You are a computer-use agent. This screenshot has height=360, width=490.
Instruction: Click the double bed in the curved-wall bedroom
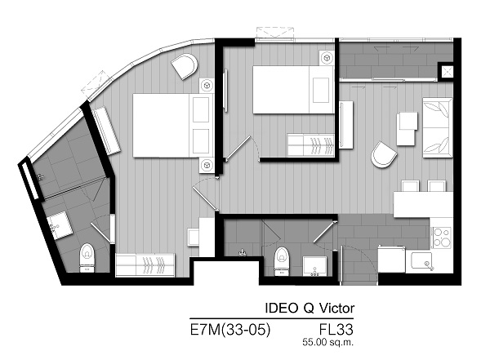[x=173, y=125]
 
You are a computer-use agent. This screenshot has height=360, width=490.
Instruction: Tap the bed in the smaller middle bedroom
[x=293, y=90]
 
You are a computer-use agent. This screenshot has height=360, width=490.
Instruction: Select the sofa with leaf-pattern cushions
[x=438, y=128]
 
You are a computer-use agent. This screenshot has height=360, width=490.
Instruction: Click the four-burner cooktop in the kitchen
[x=442, y=238]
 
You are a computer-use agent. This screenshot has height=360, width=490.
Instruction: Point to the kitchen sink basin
[x=421, y=260]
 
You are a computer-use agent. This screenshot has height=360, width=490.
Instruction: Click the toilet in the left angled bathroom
[x=87, y=258]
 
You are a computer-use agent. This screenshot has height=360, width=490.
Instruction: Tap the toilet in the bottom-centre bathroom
[x=282, y=261]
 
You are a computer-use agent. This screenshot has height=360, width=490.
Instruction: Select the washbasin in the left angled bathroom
[x=60, y=225]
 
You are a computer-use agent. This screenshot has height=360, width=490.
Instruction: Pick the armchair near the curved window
[x=185, y=66]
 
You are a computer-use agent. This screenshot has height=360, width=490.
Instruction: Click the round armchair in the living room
[x=384, y=154]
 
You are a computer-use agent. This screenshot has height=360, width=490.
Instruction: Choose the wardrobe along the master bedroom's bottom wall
[x=145, y=265]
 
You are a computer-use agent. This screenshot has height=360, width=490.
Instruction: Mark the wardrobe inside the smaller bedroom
[x=310, y=145]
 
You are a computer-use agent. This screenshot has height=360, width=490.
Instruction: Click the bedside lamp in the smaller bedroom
[x=327, y=58]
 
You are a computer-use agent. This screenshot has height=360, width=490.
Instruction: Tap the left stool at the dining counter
[x=410, y=186]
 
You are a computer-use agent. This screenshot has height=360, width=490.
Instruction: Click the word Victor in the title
[x=336, y=308]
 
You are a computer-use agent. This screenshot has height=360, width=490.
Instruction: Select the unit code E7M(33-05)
[x=230, y=329]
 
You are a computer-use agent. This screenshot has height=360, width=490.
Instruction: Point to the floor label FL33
[x=336, y=329]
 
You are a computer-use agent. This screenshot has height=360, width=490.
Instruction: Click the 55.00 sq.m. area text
[x=327, y=342]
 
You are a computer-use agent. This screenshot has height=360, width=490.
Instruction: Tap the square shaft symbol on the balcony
[x=446, y=71]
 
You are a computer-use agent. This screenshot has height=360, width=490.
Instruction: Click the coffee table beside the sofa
[x=407, y=129]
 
